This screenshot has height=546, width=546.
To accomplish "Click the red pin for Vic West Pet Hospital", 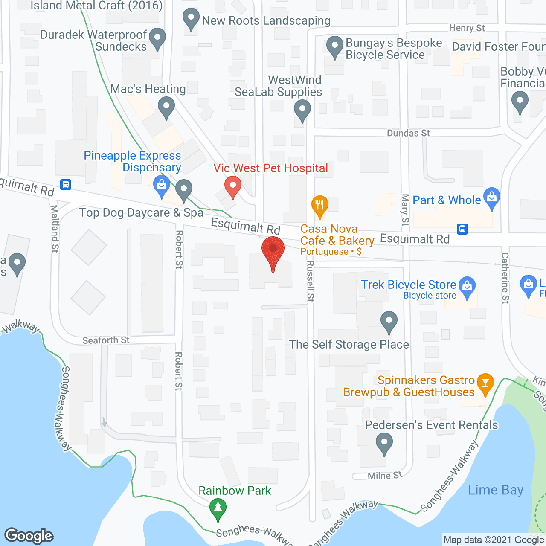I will [x=233, y=186].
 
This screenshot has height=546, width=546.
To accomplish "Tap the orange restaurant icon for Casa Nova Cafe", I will [x=319, y=205].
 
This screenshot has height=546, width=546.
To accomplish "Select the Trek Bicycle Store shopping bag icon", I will [x=467, y=286].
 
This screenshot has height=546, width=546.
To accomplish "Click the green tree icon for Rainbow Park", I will [x=218, y=508].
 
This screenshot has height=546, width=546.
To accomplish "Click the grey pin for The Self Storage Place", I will [x=389, y=321].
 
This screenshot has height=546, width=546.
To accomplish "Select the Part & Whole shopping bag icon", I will [x=492, y=197].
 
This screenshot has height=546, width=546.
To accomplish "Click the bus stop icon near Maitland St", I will [x=66, y=185].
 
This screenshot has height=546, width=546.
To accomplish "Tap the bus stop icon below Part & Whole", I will [x=462, y=229].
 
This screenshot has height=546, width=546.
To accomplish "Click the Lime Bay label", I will [x=496, y=490].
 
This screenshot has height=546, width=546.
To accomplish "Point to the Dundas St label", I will [x=408, y=133].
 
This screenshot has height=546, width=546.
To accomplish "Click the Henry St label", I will [x=467, y=28].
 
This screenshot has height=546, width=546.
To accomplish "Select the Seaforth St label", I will [x=106, y=340].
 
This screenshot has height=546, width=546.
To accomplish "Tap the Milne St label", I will [x=385, y=475].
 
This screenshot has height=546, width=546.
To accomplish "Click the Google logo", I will [x=29, y=536].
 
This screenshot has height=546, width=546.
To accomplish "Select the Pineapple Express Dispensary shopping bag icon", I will [x=162, y=186].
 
